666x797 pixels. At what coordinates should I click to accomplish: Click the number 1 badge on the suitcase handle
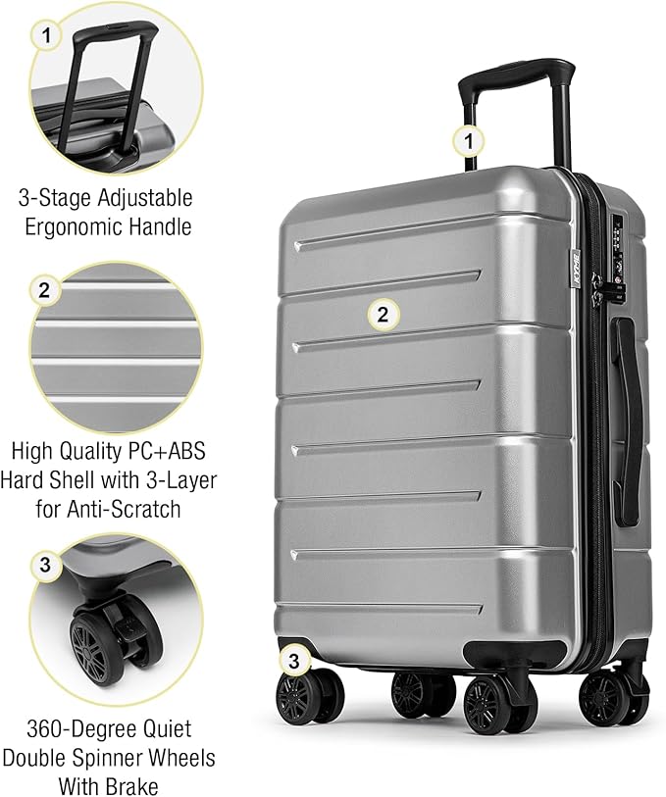(x=469, y=141)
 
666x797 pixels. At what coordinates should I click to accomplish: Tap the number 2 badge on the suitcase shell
(x=384, y=315)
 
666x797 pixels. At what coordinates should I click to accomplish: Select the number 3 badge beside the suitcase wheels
(x=292, y=661)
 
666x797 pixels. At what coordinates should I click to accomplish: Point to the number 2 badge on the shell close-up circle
(x=44, y=290)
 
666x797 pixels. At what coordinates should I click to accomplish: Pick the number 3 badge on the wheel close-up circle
(x=45, y=565)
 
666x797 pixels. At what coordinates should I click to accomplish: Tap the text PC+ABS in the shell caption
(x=168, y=453)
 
